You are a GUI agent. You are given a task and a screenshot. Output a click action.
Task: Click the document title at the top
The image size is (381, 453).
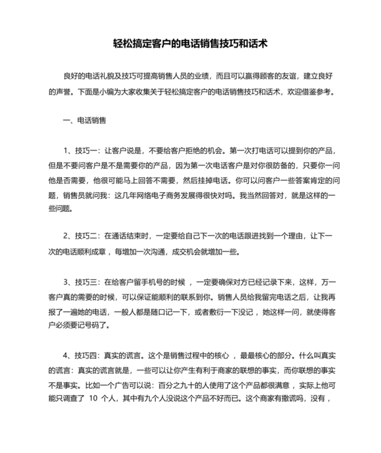(x=190, y=43)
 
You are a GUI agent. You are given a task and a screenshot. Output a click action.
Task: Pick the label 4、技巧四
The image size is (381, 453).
(x=81, y=356)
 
